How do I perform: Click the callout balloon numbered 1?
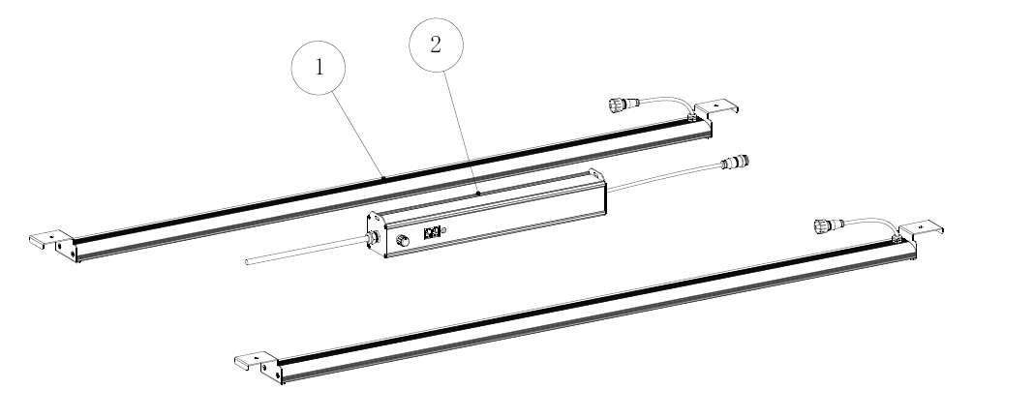click(319, 70)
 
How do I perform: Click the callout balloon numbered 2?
click(437, 45)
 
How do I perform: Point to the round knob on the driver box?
click(401, 237)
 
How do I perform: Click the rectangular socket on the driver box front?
click(433, 232)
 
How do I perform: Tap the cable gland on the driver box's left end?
click(370, 241)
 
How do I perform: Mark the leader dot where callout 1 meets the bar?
click(384, 178)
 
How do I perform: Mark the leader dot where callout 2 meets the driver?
click(479, 193)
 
